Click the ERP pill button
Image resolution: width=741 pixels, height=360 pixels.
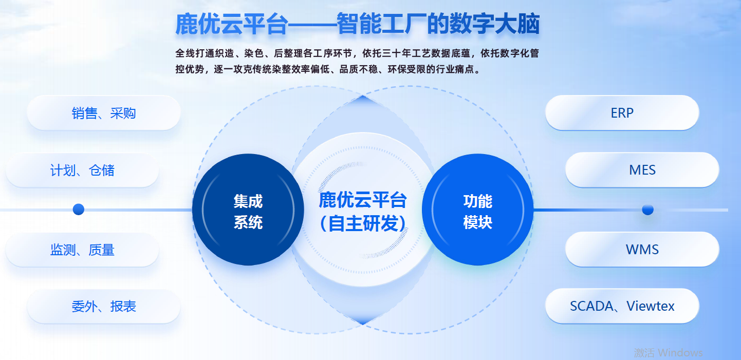pyautogui.click(x=622, y=113)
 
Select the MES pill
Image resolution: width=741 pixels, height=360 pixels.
pyautogui.click(x=642, y=170)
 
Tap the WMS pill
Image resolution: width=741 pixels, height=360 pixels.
pyautogui.click(x=642, y=249)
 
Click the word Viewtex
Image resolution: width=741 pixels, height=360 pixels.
pyautogui.click(x=651, y=306)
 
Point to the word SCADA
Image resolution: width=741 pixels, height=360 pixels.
pyautogui.click(x=591, y=306)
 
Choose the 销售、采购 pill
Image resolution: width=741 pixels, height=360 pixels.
pyautogui.click(x=103, y=113)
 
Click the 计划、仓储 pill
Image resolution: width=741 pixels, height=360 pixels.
pyautogui.click(x=82, y=170)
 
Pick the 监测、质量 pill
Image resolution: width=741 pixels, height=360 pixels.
pyautogui.click(x=82, y=250)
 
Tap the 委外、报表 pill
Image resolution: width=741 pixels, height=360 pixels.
pyautogui.click(x=103, y=307)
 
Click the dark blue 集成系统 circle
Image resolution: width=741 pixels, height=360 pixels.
pyautogui.click(x=248, y=210)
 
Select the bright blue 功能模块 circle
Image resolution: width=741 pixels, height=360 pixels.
pyautogui.click(x=478, y=210)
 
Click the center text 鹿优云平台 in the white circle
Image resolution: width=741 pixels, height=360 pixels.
pyautogui.click(x=363, y=200)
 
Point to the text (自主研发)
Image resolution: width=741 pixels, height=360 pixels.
pyautogui.click(x=363, y=223)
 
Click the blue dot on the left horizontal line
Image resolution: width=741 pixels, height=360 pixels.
pyautogui.click(x=79, y=209)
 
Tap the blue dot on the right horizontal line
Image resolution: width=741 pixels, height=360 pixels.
pyautogui.click(x=647, y=210)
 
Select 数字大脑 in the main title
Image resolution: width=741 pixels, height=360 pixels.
pyautogui.click(x=494, y=24)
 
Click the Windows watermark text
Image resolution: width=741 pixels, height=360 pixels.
pyautogui.click(x=668, y=353)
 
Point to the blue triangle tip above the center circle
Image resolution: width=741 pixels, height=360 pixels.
pyautogui.click(x=363, y=96)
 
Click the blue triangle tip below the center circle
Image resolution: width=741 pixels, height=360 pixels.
pyautogui.click(x=363, y=325)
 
